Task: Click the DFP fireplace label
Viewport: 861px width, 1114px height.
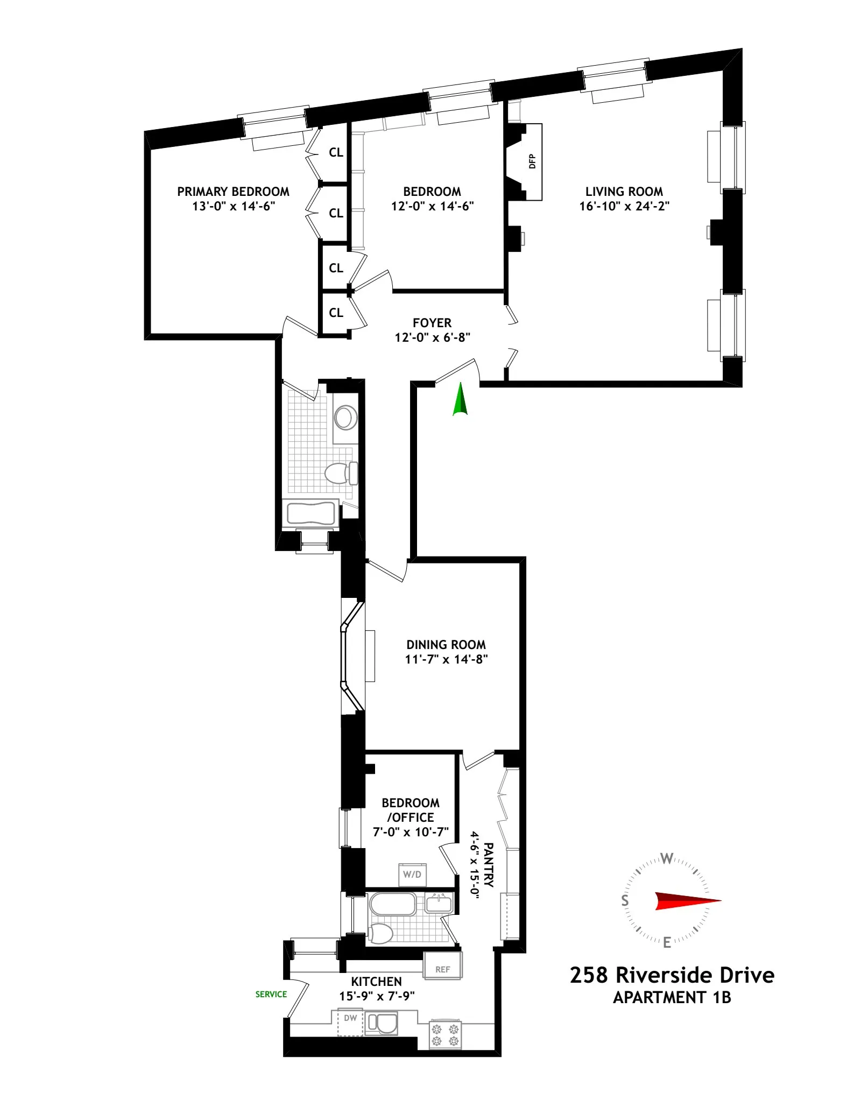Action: tap(532, 161)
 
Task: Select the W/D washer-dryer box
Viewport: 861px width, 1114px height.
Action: tap(412, 875)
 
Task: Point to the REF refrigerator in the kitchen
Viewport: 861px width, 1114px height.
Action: tap(443, 969)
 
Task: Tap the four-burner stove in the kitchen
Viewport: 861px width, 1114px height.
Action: tap(446, 1035)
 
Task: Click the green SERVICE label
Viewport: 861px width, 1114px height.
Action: tap(271, 994)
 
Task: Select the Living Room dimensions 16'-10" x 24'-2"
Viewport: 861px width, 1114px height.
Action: tap(624, 206)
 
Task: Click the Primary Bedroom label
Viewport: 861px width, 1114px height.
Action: tap(233, 192)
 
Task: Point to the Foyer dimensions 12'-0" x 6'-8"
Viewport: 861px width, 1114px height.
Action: tap(432, 337)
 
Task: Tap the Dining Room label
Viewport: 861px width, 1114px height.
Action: tap(446, 644)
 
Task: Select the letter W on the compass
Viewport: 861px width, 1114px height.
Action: tap(667, 858)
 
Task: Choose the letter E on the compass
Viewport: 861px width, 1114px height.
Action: tap(667, 942)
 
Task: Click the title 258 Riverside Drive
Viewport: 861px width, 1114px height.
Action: tap(672, 975)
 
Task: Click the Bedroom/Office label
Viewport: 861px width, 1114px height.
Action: tap(411, 810)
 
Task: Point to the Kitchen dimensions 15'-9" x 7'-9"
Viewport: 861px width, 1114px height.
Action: tap(376, 996)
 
